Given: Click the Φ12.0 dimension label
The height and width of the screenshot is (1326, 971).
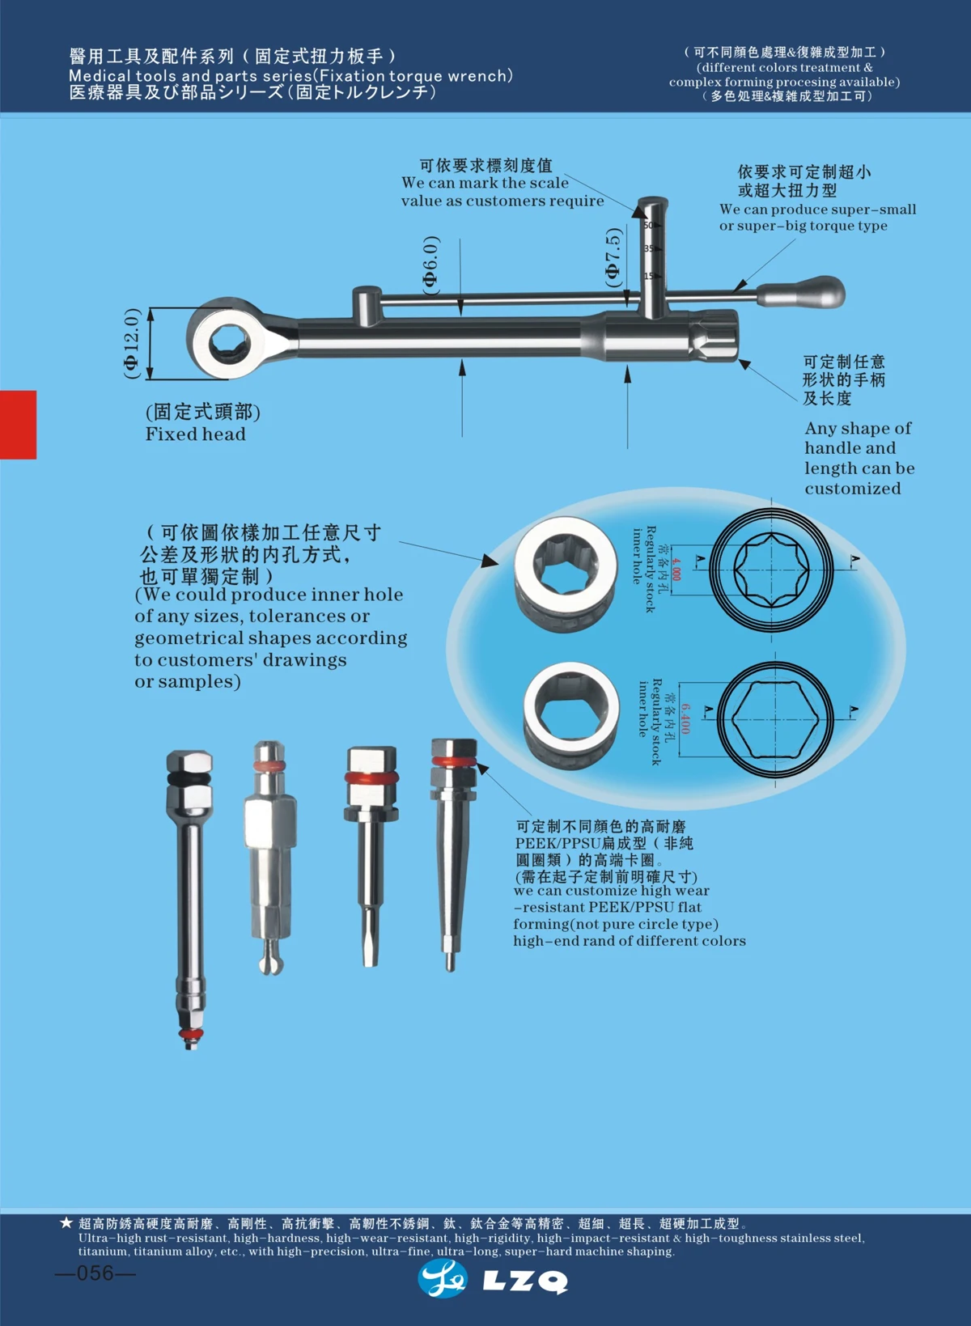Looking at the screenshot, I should [132, 343].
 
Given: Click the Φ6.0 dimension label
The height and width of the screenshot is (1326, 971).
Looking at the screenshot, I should [431, 265].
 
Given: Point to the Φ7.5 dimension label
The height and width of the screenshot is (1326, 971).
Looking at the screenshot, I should [613, 257].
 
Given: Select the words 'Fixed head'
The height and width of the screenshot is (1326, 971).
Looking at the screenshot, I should [195, 434].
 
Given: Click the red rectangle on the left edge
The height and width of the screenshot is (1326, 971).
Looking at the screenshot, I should [18, 425].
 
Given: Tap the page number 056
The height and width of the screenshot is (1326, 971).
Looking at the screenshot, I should [95, 1273].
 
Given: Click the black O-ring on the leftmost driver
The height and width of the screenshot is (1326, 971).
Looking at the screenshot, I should [189, 777].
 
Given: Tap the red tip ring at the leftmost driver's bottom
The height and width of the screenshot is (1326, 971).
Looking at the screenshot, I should [190, 1035].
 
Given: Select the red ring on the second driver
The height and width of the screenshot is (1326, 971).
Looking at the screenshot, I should [269, 765].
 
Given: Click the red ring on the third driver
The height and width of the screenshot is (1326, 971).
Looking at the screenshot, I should [371, 777].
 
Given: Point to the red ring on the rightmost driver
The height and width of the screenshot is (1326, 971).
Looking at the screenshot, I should [453, 761].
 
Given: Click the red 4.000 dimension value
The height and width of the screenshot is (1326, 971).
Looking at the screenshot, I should [676, 569].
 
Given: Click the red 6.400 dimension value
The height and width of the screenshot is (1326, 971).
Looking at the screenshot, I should [685, 718].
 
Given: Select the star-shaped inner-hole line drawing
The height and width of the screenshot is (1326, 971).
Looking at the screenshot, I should [771, 568].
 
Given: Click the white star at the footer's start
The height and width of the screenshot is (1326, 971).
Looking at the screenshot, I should [66, 1222].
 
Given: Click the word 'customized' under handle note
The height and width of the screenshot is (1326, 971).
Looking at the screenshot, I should [852, 489].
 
